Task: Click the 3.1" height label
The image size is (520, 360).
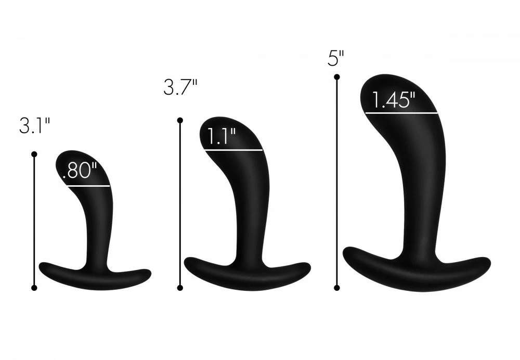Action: (x=34, y=126)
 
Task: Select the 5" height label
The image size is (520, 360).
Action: (x=336, y=59)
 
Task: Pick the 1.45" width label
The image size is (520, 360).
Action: (x=393, y=100)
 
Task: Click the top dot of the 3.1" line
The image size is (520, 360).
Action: (x=34, y=155)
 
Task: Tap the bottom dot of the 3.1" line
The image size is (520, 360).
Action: (x=34, y=287)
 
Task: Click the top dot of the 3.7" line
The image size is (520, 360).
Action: (x=180, y=121)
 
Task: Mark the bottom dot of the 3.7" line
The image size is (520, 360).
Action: (x=180, y=287)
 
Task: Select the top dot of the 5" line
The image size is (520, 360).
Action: (x=336, y=77)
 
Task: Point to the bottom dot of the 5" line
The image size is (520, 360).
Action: (x=336, y=287)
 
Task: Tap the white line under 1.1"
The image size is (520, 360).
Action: (x=233, y=150)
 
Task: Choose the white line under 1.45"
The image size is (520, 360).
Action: (x=401, y=113)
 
